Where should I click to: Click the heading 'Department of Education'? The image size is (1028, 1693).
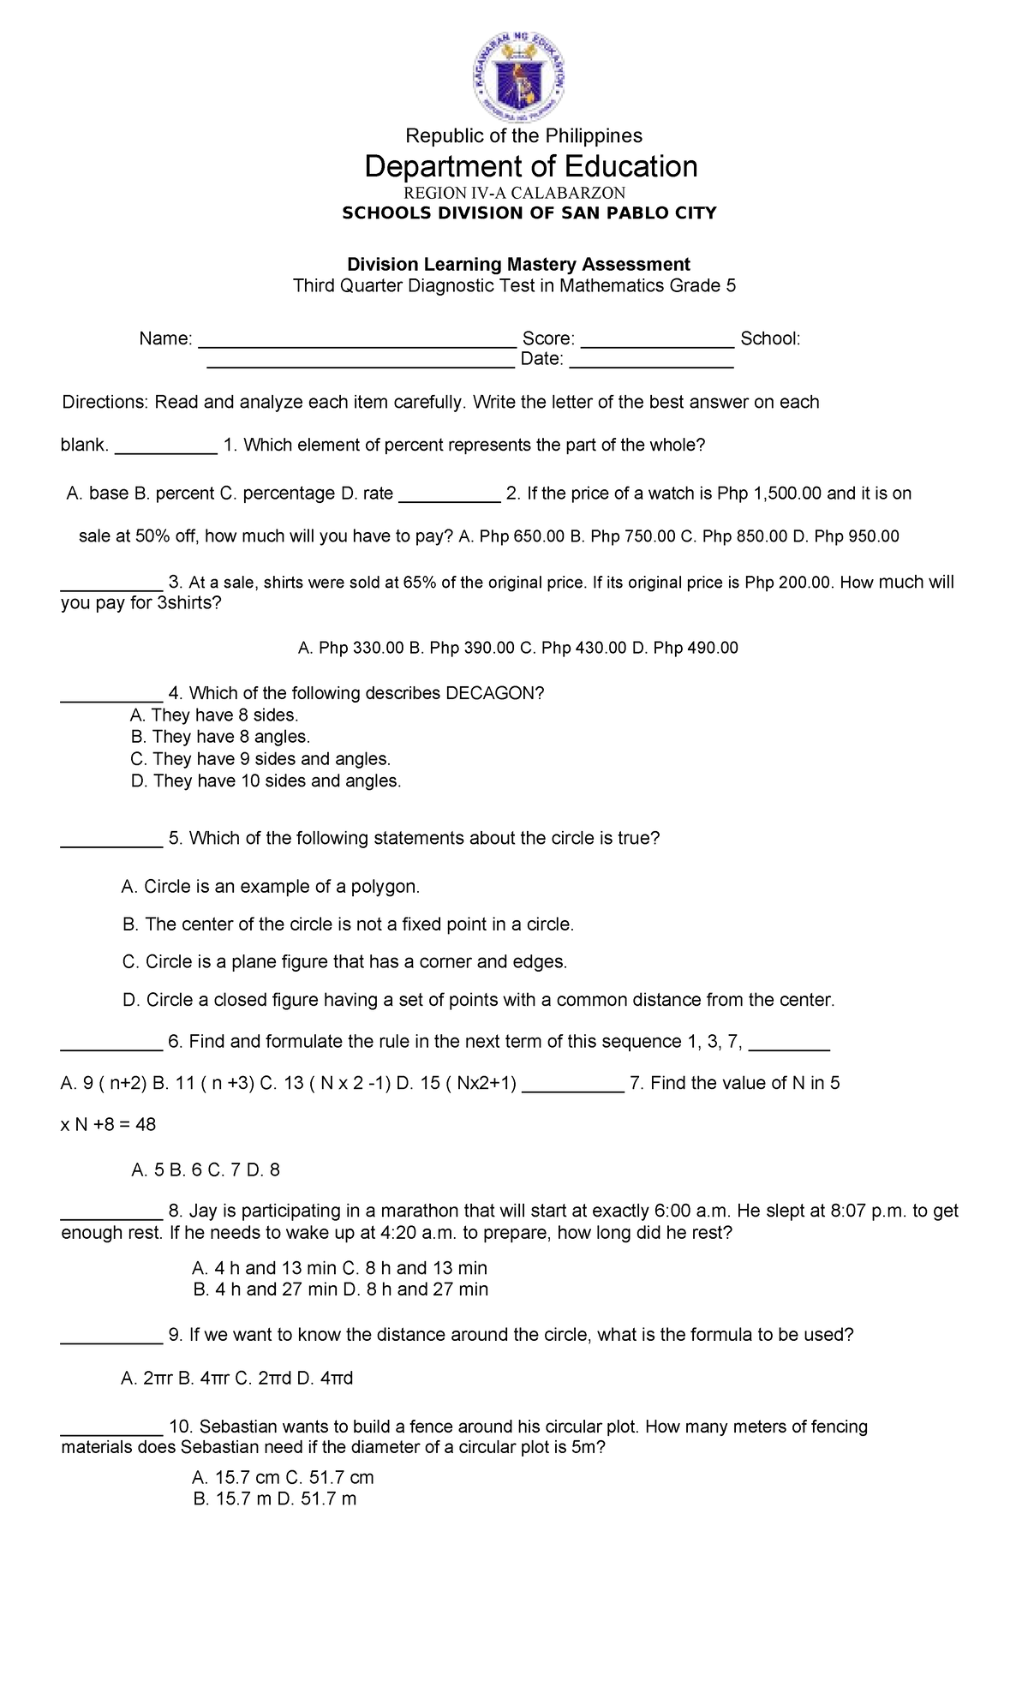(530, 166)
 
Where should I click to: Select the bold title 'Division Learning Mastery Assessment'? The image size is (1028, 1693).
(517, 264)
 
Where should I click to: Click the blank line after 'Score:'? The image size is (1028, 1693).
(657, 340)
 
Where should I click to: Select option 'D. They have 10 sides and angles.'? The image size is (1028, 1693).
(266, 781)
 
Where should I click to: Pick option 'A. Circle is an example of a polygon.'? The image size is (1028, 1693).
(271, 887)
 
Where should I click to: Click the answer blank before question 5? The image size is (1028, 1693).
(111, 840)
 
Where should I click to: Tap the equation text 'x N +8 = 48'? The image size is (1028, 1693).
(109, 1125)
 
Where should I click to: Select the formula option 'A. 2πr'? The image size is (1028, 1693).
(149, 1379)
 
